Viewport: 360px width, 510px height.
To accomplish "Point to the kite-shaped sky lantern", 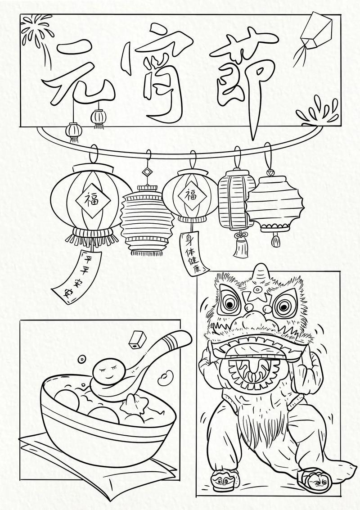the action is (x=314, y=34).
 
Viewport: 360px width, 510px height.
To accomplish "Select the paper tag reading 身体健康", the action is (x=194, y=253).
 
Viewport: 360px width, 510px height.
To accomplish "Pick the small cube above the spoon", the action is (x=137, y=340).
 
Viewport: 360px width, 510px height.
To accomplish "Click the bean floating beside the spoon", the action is (x=166, y=378).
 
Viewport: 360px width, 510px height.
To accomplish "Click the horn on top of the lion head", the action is (x=261, y=273).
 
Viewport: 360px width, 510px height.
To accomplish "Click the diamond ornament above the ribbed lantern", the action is (x=148, y=172).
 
